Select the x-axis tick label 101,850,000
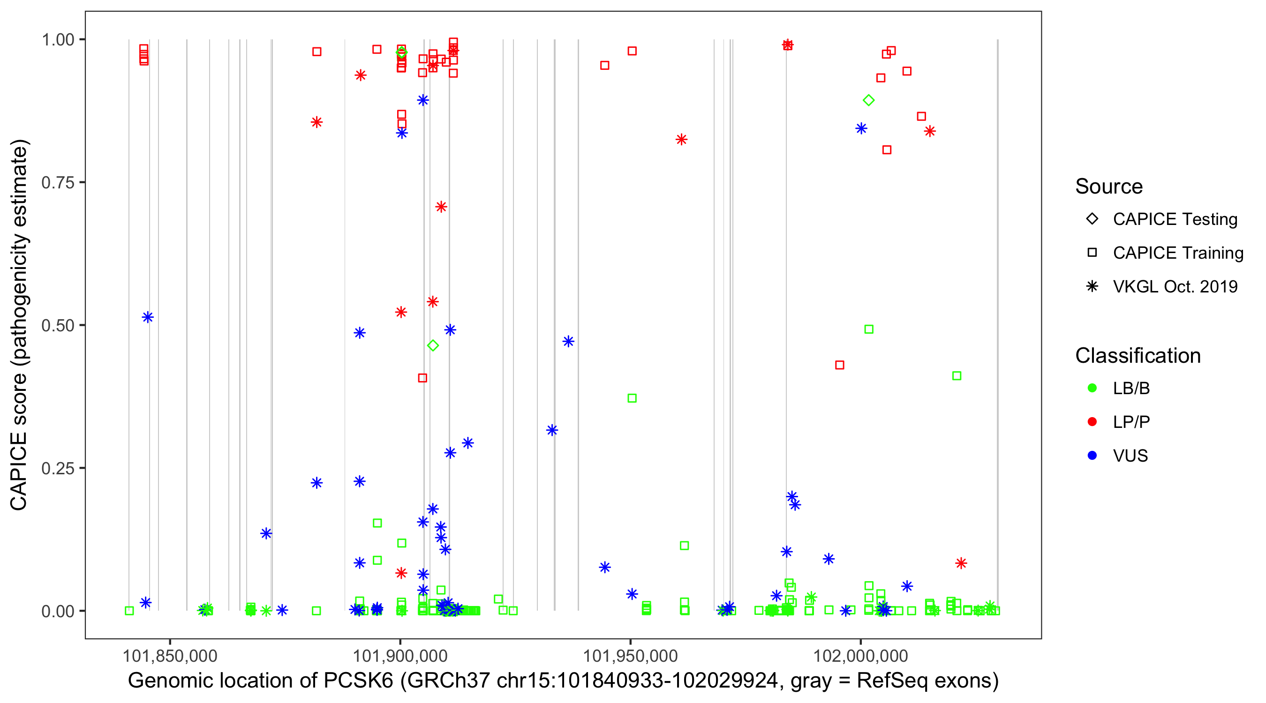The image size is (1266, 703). pos(170,655)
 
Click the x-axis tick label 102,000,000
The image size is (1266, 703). pos(860,655)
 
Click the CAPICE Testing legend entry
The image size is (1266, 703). pos(1175,219)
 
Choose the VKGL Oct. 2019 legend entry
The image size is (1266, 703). pos(1175,286)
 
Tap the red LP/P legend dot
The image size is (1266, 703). pos(1092,422)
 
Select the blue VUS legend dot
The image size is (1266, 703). pos(1092,456)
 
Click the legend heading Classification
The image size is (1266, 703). pos(1138,356)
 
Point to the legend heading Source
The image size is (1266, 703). pos(1109,187)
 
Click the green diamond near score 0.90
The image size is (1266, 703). pos(868,100)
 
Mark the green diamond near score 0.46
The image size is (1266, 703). pos(432,346)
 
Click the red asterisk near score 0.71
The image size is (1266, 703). pos(441,207)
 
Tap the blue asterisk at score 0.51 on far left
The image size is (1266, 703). pos(147,317)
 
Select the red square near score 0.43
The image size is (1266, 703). pos(839,365)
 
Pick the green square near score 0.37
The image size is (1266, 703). pos(632,398)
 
